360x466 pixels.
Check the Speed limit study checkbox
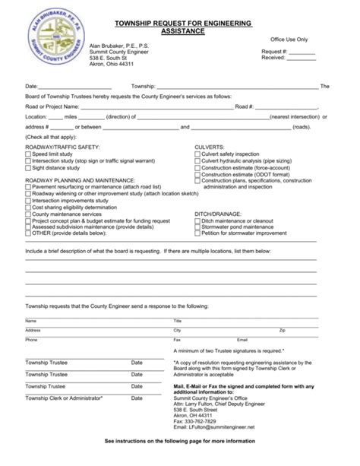[x=28, y=154]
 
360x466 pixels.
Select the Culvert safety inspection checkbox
[x=197, y=154]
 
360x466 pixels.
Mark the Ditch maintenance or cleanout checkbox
[x=197, y=220]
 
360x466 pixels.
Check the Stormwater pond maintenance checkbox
[x=197, y=227]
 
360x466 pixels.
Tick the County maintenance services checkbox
[x=28, y=214]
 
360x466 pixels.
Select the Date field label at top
[x=31, y=87]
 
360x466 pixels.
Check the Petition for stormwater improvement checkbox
[x=197, y=233]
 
